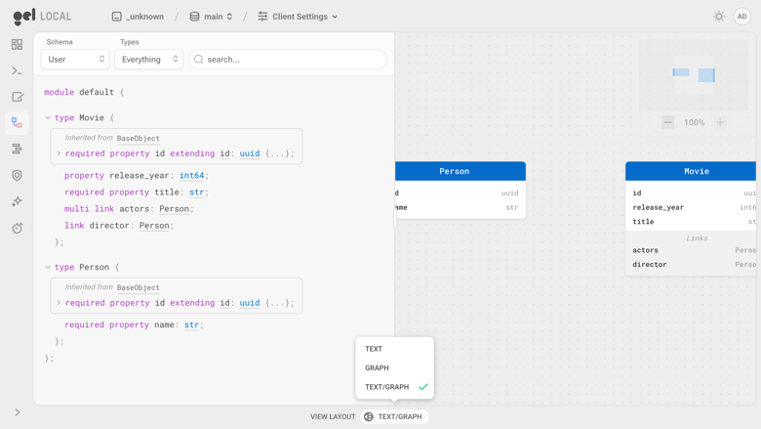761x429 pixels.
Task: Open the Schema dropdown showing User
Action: (x=75, y=60)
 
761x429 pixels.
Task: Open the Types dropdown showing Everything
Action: (x=148, y=60)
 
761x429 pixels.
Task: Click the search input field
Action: (x=287, y=60)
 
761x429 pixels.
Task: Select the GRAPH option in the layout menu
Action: (x=378, y=367)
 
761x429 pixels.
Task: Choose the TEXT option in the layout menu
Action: (x=374, y=349)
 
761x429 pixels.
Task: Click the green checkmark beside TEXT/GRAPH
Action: (x=423, y=387)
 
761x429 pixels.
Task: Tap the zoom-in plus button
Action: (x=720, y=122)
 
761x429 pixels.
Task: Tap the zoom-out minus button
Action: (x=667, y=122)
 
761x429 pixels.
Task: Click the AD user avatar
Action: (x=742, y=17)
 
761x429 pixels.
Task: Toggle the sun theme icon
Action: (x=719, y=17)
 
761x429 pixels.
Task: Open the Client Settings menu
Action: (x=298, y=17)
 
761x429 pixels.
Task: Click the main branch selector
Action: (x=211, y=17)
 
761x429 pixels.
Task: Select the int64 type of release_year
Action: (x=191, y=175)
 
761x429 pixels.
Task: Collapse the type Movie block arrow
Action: (x=48, y=117)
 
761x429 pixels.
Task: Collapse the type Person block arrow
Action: (x=48, y=267)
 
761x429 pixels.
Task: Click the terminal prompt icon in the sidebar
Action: (x=17, y=71)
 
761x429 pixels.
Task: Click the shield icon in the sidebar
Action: (x=17, y=175)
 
